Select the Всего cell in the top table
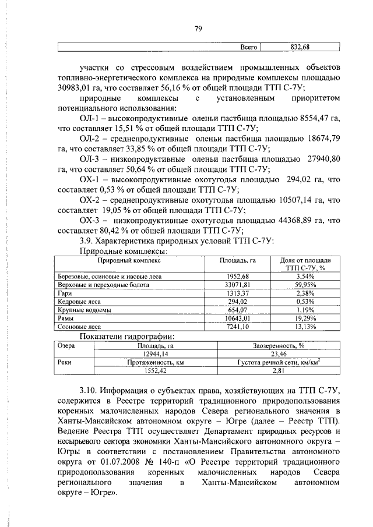click(249, 47)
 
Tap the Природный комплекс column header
click(129, 260)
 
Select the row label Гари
click(64, 293)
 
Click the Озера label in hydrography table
click(65, 345)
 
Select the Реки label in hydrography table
click(64, 362)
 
